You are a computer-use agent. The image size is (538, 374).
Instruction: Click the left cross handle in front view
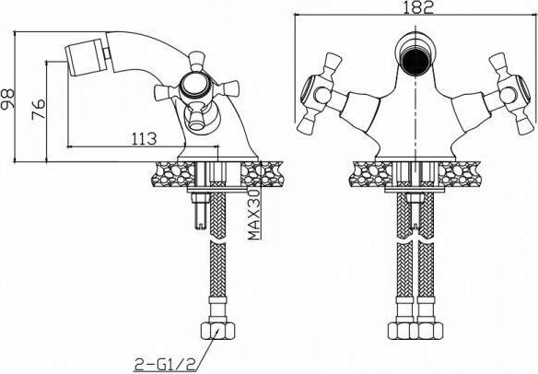319,90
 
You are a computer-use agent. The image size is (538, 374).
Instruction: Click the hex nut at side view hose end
217,331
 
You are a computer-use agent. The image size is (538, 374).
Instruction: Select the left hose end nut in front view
402,331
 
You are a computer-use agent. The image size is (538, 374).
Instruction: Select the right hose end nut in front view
426,331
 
